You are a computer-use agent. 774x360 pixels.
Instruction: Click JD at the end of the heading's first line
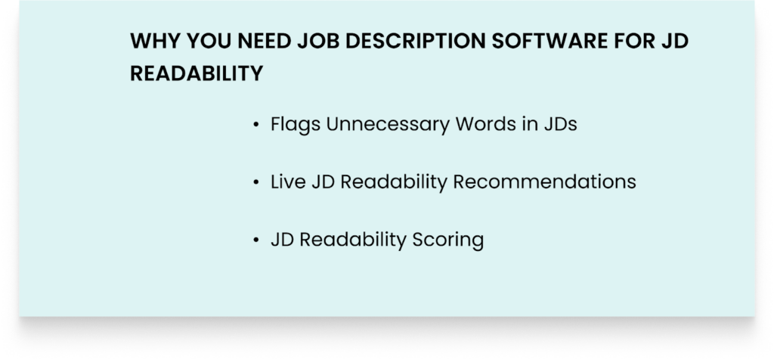click(x=670, y=42)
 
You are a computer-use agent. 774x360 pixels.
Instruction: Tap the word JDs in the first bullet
click(x=559, y=124)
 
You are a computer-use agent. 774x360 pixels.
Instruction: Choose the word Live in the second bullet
click(x=288, y=182)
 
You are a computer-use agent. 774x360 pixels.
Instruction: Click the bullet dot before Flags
click(x=257, y=125)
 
